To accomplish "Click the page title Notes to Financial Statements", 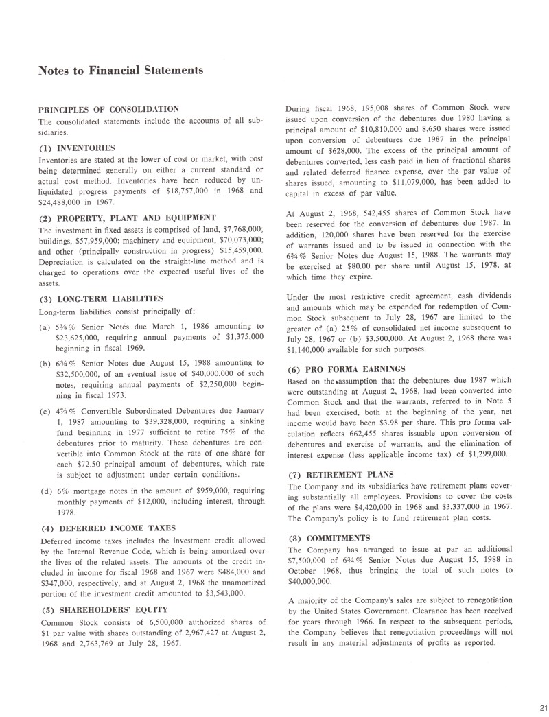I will (x=121, y=70).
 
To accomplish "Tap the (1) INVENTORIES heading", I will (x=76, y=148).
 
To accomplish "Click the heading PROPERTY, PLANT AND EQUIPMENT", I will (x=122, y=218).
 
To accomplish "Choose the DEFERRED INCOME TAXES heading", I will (x=107, y=528).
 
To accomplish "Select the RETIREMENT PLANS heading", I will (x=341, y=475).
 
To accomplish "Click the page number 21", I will (x=540, y=708).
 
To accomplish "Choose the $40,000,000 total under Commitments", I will (x=312, y=580).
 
